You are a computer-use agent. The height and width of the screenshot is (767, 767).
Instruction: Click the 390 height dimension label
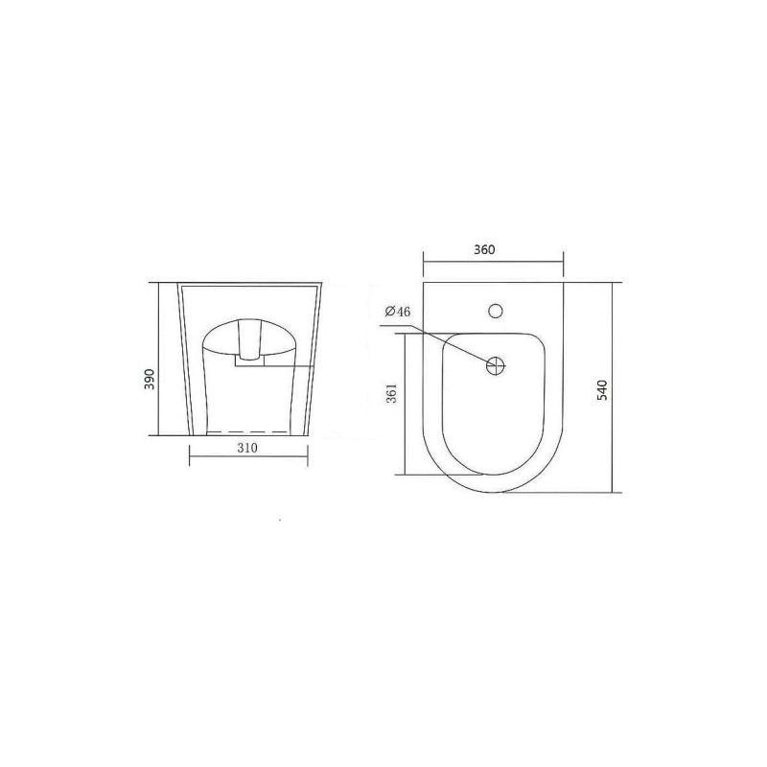tap(151, 379)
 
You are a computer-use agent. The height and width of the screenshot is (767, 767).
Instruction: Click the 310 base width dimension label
tap(247, 448)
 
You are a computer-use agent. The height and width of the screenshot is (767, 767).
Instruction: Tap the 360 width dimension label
tap(484, 249)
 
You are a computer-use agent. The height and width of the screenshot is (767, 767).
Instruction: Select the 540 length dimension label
tap(602, 390)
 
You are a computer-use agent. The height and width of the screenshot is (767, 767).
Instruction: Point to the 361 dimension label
tap(392, 393)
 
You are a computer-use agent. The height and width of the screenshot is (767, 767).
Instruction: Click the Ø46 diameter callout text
tap(398, 312)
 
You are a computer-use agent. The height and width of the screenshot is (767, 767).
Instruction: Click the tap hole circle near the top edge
tap(496, 310)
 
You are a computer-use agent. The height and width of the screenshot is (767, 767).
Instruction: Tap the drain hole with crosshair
tap(495, 365)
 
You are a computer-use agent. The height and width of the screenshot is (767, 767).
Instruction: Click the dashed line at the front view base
tap(246, 432)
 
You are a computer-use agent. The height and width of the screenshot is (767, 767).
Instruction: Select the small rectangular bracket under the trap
tap(249, 361)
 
